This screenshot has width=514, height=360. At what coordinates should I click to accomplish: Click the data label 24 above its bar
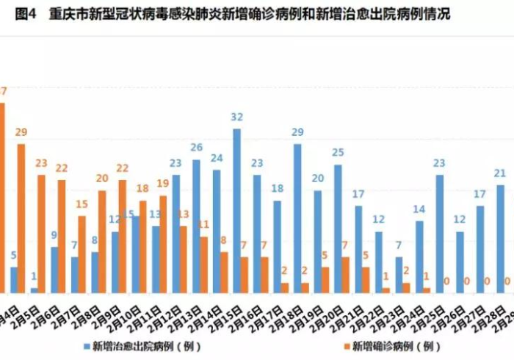217,158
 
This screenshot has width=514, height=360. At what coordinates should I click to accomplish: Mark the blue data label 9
54,235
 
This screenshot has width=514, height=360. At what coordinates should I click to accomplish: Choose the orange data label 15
82,204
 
